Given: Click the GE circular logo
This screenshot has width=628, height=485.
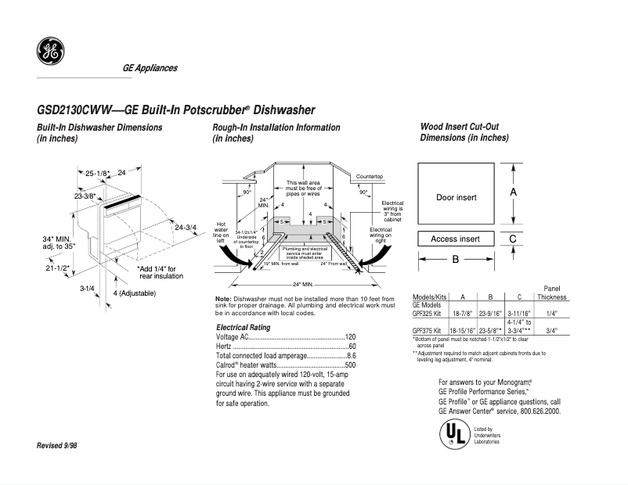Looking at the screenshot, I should coord(50,52).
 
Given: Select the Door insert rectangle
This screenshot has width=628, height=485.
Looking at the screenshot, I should coord(456,197).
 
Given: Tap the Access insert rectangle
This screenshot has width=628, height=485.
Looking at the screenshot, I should coord(456,239).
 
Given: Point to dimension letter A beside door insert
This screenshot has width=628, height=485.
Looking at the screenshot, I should coord(513,192).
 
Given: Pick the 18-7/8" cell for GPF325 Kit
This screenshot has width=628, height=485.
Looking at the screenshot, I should coord(463,311).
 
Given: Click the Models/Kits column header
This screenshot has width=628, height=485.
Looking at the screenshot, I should coord(428,297).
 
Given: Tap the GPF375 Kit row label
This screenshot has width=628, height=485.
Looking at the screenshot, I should coord(428,330).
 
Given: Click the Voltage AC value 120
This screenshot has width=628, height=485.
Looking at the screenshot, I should coord(351,336).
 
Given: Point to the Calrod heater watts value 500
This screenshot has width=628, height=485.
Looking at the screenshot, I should coord(351,365).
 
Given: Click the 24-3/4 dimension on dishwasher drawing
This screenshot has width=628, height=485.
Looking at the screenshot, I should coord(186,228).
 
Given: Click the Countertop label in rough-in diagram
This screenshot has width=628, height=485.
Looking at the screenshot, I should coord(370,177).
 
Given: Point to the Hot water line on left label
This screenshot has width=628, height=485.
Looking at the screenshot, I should coord(220,232).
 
